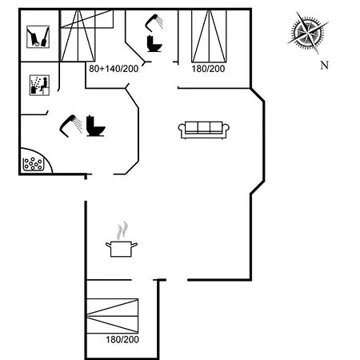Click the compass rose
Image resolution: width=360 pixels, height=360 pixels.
click(x=308, y=33)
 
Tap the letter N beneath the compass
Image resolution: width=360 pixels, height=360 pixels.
click(x=324, y=65)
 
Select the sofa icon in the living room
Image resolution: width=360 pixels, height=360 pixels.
click(x=204, y=130)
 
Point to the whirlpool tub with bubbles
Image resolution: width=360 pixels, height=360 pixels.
click(x=33, y=163)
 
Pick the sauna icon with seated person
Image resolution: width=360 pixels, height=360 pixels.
click(x=39, y=85)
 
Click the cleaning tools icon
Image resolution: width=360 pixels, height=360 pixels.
click(x=38, y=37)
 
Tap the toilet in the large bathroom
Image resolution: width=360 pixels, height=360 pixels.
click(x=95, y=126)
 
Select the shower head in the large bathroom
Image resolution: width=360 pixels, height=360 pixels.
click(x=68, y=126)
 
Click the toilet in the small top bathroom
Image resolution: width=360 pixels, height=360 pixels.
click(x=154, y=44)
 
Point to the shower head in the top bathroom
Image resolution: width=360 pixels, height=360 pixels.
click(x=151, y=23)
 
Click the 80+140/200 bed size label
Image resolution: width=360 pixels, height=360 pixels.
click(x=114, y=69)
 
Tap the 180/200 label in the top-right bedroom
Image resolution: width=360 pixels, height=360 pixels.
click(x=208, y=69)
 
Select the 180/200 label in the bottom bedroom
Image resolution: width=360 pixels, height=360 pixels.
click(x=122, y=339)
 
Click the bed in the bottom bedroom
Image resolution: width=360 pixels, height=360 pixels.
click(x=113, y=316)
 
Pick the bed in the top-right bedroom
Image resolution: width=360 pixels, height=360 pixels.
click(x=209, y=36)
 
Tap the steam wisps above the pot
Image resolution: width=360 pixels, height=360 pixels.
click(x=122, y=230)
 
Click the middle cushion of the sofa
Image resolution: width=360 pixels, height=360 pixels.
click(x=204, y=127)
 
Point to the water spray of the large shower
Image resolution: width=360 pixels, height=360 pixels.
click(x=78, y=125)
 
